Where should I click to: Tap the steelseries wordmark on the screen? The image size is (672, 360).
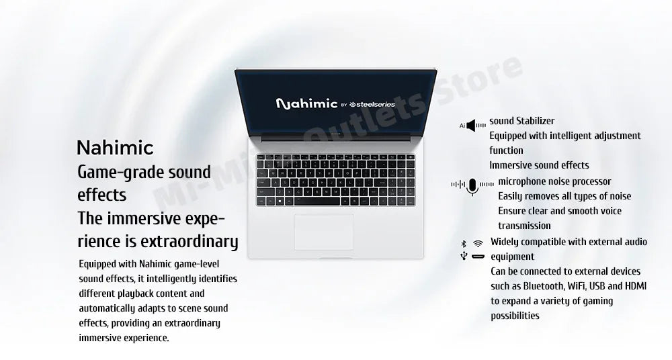(374, 104)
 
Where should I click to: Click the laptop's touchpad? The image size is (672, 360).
(323, 232)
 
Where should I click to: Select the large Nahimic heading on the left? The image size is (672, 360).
(115, 147)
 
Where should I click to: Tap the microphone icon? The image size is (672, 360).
(472, 187)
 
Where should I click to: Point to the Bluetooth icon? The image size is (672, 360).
(463, 243)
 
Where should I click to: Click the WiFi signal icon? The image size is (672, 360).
(478, 243)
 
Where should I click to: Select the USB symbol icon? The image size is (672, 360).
(463, 257)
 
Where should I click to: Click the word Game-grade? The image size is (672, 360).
(111, 172)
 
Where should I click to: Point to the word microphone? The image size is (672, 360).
(521, 181)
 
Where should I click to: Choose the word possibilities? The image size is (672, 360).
(515, 316)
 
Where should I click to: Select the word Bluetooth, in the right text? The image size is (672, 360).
(539, 286)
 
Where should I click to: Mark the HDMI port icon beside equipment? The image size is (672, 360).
(478, 257)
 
